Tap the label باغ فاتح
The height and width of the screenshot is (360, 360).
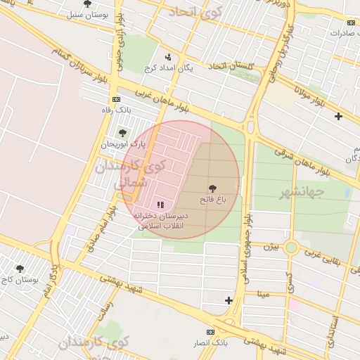[x=213, y=200]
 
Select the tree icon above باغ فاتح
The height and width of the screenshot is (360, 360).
[x=213, y=188]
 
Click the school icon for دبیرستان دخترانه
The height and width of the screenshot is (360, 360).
[x=160, y=205]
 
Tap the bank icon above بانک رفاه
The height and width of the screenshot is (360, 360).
[x=116, y=98]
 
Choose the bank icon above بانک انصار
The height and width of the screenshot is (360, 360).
[x=210, y=331]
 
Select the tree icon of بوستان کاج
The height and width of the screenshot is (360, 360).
[x=20, y=268]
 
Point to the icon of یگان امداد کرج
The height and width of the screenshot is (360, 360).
[x=167, y=57]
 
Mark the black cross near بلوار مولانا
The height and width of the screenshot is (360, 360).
[x=339, y=116]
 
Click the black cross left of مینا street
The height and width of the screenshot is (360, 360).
[x=229, y=300]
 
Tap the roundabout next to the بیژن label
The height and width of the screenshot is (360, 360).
[x=291, y=247]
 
